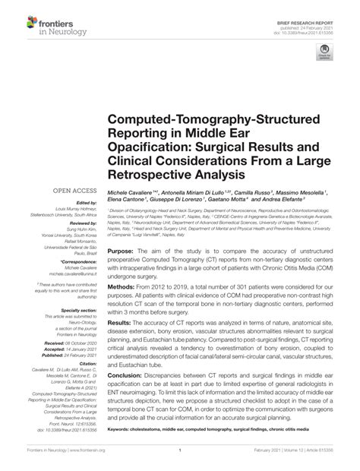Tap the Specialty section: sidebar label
coord(61,311)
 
